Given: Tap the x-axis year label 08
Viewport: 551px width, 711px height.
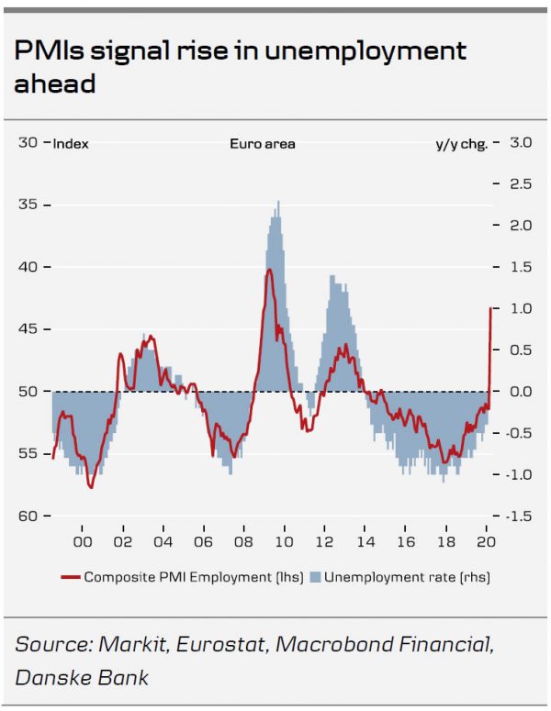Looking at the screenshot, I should (x=244, y=541).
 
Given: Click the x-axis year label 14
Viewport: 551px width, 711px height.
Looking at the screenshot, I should (x=365, y=541).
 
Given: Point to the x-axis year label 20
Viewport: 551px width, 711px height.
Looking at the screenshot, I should (x=488, y=541).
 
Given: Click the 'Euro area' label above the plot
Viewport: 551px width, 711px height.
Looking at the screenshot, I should (x=262, y=144).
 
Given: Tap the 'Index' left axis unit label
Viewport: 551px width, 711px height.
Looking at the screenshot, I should (x=71, y=144).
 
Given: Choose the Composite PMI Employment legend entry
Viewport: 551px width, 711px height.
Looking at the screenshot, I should (x=174, y=577).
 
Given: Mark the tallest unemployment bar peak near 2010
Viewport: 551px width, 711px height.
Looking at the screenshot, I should (x=278, y=202).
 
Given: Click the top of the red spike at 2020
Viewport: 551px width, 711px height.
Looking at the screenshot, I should (x=491, y=308).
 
